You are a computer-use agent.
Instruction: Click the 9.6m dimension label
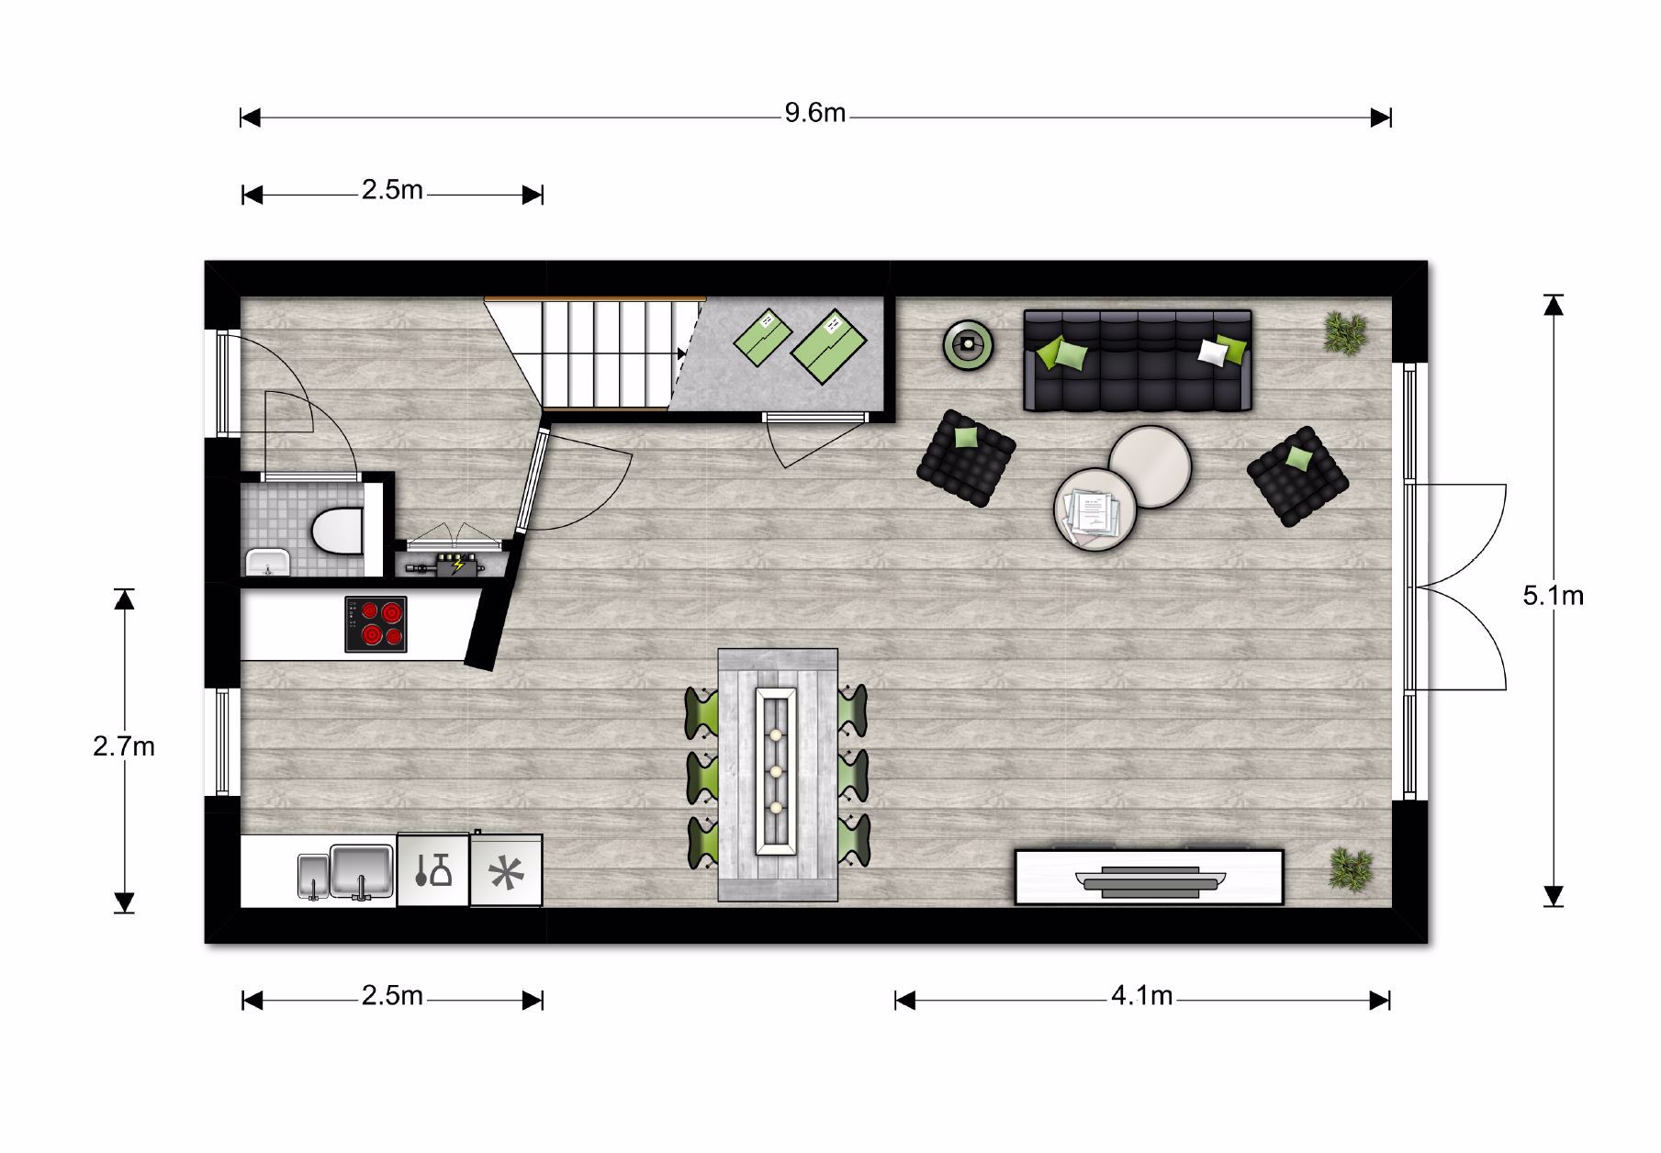(x=815, y=114)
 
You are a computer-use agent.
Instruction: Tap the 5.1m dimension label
(x=1554, y=596)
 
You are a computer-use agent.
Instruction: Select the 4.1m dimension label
(x=1142, y=996)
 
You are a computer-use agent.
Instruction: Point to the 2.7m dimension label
(x=124, y=746)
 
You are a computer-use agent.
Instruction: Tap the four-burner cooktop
(x=376, y=624)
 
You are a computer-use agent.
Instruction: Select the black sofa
(x=1138, y=360)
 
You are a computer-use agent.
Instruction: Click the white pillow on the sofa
(x=1214, y=353)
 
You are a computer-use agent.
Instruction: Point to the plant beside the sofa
(x=1345, y=332)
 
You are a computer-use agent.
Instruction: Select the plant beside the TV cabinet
(x=1350, y=868)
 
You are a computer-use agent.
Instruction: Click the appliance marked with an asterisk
(x=506, y=870)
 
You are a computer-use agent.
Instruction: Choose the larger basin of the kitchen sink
(x=362, y=871)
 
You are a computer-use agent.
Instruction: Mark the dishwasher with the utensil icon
(x=433, y=870)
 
